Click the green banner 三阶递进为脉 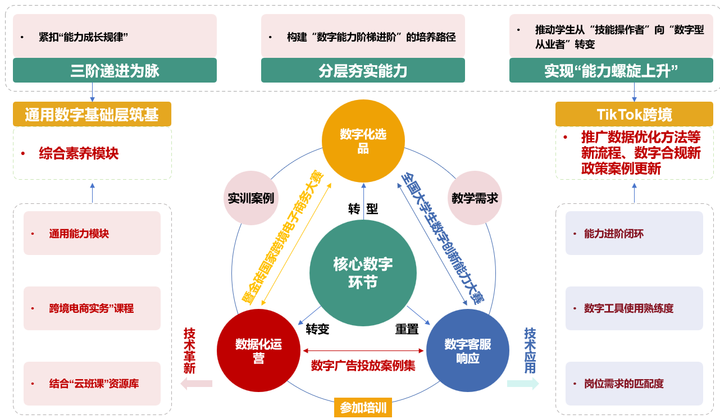click(x=115, y=70)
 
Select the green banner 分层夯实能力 click(x=363, y=70)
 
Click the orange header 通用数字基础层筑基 click(x=92, y=115)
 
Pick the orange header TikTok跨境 click(x=634, y=115)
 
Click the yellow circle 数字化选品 click(x=363, y=140)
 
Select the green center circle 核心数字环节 click(x=363, y=273)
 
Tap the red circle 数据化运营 click(x=258, y=351)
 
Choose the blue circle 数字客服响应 click(x=468, y=351)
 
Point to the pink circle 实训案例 click(x=251, y=198)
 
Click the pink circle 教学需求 click(x=475, y=198)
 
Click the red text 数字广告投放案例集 click(x=363, y=365)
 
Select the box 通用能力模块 click(x=92, y=234)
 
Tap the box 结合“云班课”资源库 click(x=92, y=384)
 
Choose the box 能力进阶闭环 click(x=634, y=234)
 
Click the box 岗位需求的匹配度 click(x=634, y=384)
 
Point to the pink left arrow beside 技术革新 click(x=196, y=384)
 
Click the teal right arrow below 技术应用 click(x=523, y=384)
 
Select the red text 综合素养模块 click(x=79, y=153)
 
